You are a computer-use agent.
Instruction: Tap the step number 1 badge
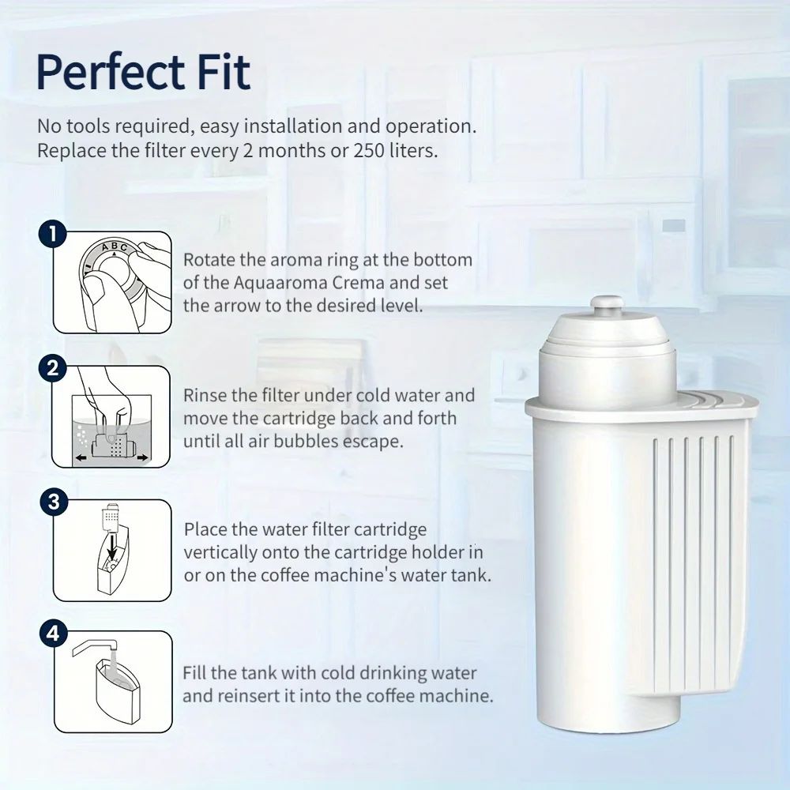tap(53, 235)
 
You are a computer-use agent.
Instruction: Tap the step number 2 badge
tap(53, 368)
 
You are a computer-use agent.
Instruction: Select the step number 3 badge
tap(53, 502)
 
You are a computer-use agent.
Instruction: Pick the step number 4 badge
tap(53, 634)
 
